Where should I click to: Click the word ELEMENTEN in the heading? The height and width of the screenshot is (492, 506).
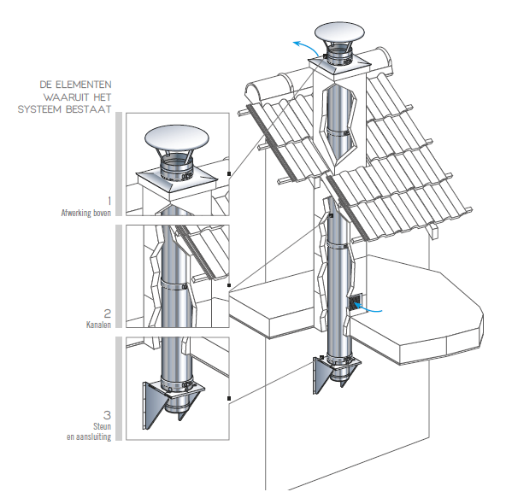84,85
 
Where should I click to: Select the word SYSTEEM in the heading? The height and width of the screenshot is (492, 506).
39,109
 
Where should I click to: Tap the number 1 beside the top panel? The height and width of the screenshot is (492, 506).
109,201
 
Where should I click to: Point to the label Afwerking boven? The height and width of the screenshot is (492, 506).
86,213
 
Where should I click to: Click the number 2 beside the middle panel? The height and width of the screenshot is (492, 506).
108,313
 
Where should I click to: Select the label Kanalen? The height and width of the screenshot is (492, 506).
98,325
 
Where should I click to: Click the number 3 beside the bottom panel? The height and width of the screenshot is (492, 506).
107,415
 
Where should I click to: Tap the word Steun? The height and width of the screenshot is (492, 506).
103,426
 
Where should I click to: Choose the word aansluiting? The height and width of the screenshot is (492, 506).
92,436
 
